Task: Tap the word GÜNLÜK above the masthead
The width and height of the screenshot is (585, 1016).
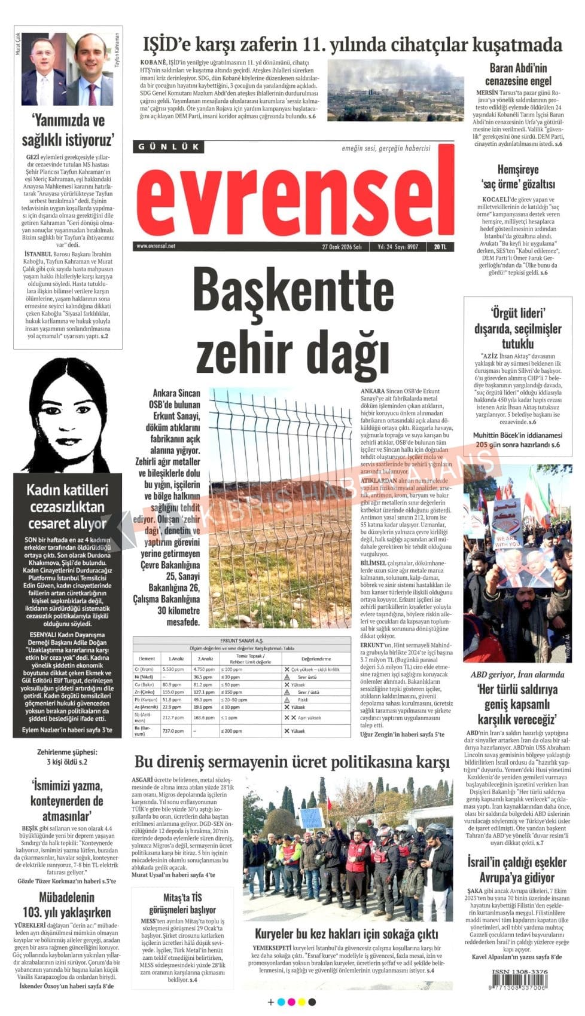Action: [x=169, y=146]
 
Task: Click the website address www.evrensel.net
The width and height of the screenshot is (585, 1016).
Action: [x=156, y=246]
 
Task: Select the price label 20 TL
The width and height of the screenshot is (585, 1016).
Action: [x=440, y=246]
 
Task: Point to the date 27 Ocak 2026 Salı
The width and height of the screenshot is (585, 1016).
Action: [x=342, y=246]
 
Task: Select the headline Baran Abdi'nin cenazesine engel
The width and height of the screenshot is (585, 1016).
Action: [x=518, y=74]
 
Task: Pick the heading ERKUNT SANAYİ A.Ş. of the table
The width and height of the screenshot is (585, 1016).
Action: [x=242, y=640]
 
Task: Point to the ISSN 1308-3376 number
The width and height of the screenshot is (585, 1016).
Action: [x=519, y=972]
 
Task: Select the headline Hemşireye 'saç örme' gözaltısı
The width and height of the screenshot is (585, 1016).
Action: [x=518, y=177]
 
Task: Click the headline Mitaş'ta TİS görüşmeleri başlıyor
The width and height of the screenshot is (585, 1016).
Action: [x=182, y=904]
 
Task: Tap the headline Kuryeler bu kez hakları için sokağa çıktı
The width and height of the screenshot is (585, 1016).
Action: [x=346, y=934]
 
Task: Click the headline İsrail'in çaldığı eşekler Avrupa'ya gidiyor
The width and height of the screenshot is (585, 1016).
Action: [x=517, y=870]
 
